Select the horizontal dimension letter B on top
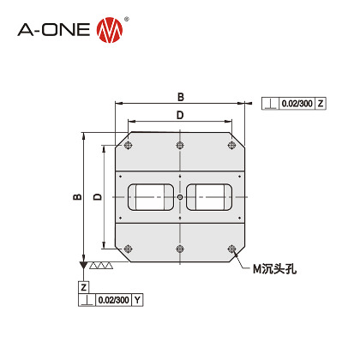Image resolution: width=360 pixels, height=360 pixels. [x=180, y=96]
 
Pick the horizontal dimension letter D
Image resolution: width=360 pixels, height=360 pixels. [x=179, y=114]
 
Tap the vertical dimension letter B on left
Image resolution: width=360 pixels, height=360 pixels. [x=76, y=198]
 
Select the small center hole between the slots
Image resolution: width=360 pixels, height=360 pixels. [x=180, y=199]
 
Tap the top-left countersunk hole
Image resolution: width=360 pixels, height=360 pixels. [x=127, y=146]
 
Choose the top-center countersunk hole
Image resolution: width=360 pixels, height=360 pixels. [x=180, y=144]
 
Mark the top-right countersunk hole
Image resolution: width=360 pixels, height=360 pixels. [x=233, y=146]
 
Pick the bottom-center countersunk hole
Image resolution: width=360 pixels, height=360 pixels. [x=180, y=250]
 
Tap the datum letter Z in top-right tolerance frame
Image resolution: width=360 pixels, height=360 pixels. [x=321, y=104]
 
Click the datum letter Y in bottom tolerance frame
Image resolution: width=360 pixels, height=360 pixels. [x=137, y=300]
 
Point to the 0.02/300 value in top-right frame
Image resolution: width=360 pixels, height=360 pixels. [x=296, y=104]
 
